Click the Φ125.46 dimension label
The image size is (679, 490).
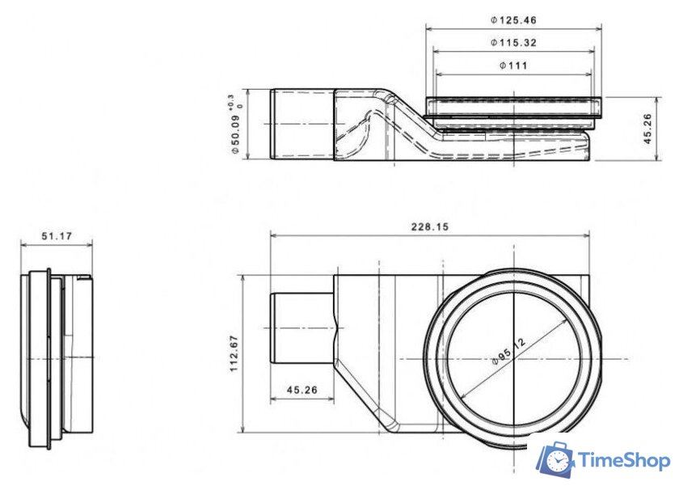click(x=514, y=19)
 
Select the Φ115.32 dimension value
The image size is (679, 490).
click(x=514, y=42)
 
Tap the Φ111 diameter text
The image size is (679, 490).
click(x=514, y=65)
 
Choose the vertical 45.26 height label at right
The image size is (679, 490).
click(x=648, y=129)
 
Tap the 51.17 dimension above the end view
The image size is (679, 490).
click(x=56, y=236)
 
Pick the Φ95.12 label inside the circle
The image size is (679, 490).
click(x=508, y=354)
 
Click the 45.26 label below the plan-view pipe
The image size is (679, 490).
click(x=300, y=390)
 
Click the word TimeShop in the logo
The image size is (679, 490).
click(x=623, y=461)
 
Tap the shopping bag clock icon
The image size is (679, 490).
click(x=555, y=459)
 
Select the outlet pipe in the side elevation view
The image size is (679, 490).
click(x=302, y=125)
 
